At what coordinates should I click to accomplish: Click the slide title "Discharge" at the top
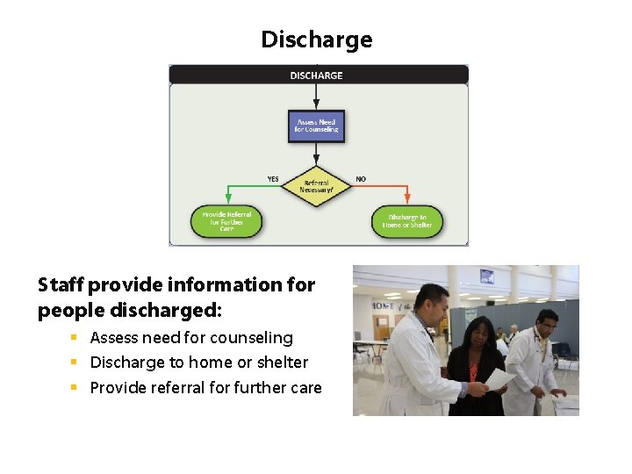(x=316, y=39)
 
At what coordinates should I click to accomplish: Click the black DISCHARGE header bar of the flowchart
(x=317, y=75)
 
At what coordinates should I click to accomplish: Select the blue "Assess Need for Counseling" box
(x=316, y=126)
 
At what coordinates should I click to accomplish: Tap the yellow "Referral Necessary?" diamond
(x=316, y=186)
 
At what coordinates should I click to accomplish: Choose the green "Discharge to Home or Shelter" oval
(x=407, y=221)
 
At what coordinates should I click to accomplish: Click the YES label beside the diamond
(x=273, y=179)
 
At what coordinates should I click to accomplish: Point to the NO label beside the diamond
(x=361, y=179)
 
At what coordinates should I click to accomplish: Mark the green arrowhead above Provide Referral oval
(x=226, y=201)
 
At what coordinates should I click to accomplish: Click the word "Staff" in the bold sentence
(x=61, y=284)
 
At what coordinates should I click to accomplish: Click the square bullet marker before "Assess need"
(x=75, y=338)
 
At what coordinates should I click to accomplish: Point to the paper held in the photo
(x=499, y=379)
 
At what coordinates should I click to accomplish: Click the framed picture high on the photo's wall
(x=486, y=277)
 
